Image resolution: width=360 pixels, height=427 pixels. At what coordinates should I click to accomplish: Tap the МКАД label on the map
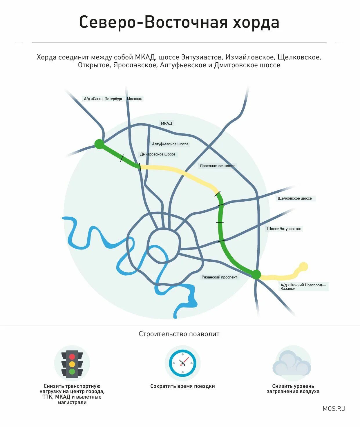pos(167,123)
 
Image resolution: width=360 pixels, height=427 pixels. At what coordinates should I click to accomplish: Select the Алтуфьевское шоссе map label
pos(170,144)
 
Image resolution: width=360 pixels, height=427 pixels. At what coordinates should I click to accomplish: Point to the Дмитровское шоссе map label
pos(158,154)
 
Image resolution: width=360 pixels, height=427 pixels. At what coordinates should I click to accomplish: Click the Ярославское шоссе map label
pos(217,166)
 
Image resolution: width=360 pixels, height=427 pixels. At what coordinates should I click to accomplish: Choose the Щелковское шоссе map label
pos(294,198)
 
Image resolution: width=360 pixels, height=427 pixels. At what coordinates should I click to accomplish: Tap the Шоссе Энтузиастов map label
pos(284,229)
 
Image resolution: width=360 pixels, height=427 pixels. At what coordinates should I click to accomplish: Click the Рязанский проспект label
pos(219,277)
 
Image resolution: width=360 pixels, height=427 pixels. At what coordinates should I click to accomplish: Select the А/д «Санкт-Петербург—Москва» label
pos(113,99)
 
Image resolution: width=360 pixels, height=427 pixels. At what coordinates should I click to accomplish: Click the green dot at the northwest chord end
pos(99,144)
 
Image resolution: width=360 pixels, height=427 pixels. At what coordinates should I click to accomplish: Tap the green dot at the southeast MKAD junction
pos(256,274)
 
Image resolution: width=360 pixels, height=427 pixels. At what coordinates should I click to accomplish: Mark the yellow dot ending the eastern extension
pos(303,267)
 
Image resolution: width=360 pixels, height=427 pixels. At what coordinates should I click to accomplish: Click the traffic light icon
pos(72,363)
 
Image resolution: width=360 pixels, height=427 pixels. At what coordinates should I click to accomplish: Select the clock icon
pos(182,363)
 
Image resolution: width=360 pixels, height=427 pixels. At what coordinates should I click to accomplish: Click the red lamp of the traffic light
pos(72,357)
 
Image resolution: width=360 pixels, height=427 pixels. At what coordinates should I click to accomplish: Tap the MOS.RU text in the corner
pos(334,408)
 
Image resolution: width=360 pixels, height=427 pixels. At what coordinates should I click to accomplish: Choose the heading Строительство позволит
pos(179,334)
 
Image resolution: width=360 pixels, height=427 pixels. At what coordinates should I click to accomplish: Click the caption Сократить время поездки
pos(182,386)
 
